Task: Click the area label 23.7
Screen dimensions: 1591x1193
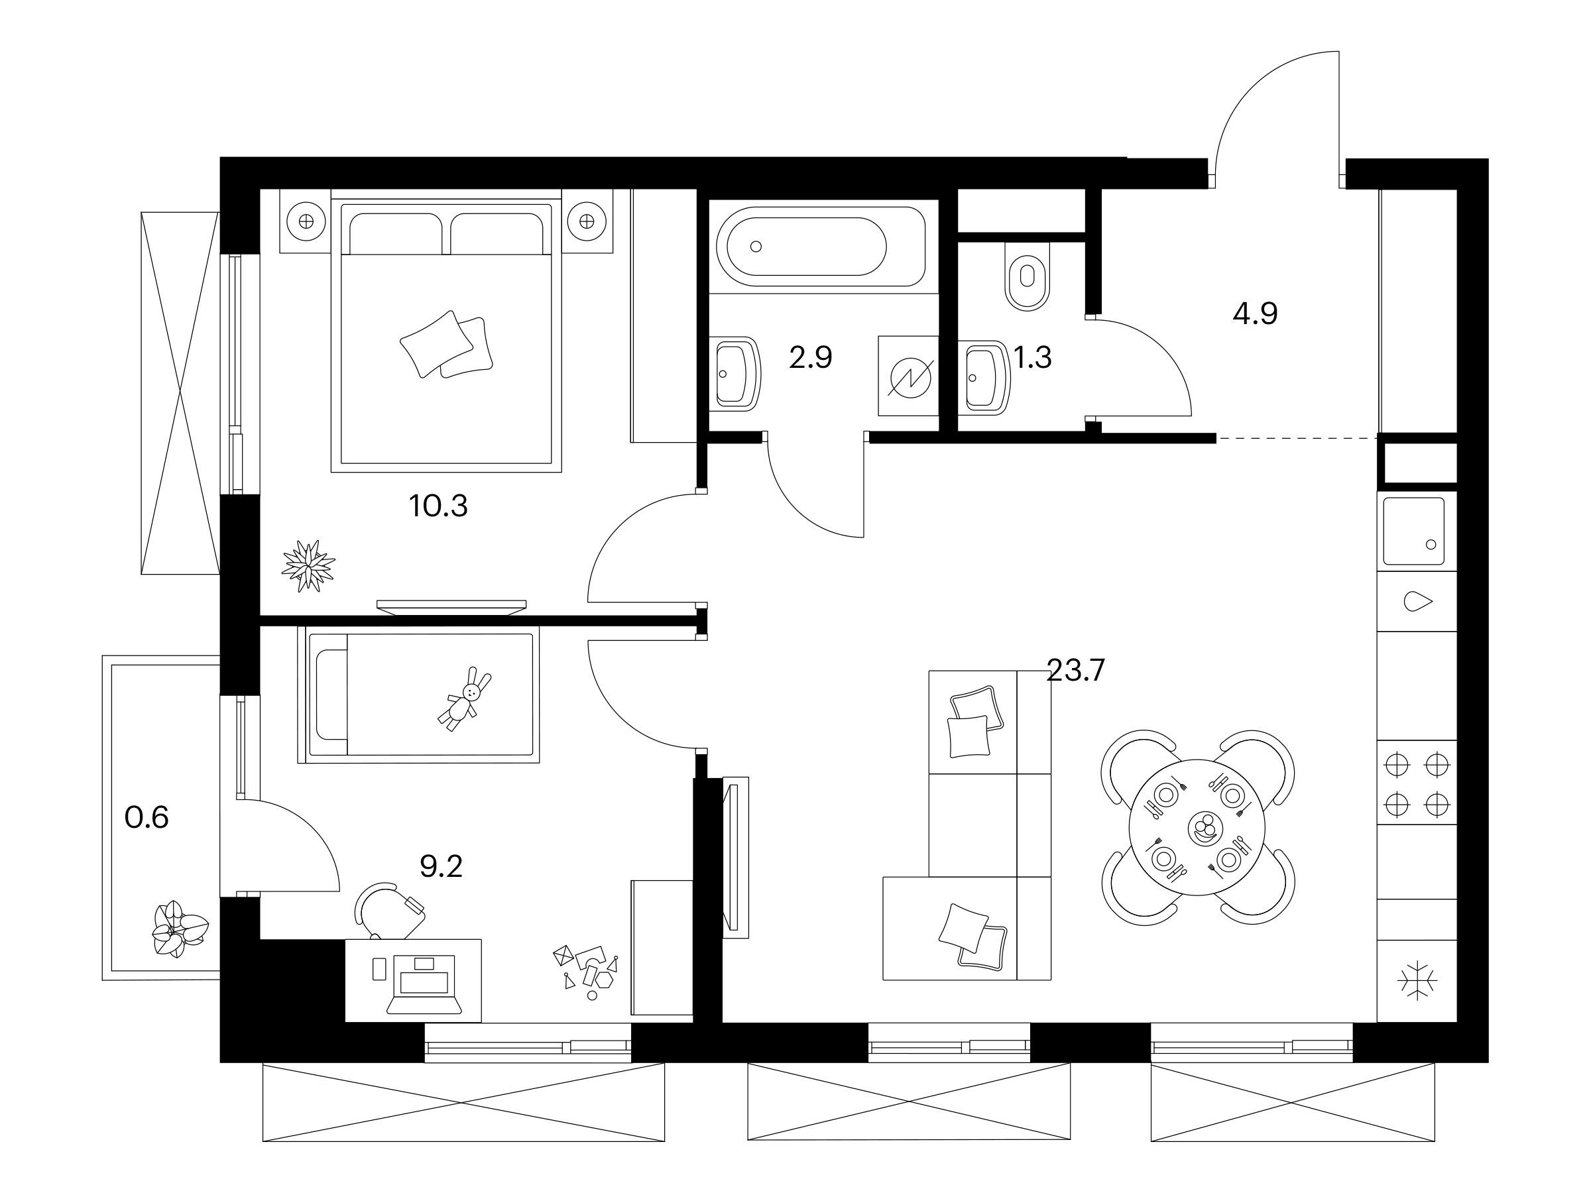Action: click(1075, 671)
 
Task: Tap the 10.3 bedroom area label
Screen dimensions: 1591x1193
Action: click(438, 506)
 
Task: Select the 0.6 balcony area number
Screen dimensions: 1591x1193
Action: click(147, 818)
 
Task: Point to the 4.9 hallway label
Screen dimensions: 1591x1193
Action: click(1255, 314)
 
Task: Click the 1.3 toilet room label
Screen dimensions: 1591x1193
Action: click(1033, 357)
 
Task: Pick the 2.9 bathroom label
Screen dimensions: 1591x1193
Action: click(811, 357)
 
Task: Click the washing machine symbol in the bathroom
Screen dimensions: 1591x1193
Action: click(908, 375)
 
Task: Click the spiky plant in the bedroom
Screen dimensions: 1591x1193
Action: click(308, 566)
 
